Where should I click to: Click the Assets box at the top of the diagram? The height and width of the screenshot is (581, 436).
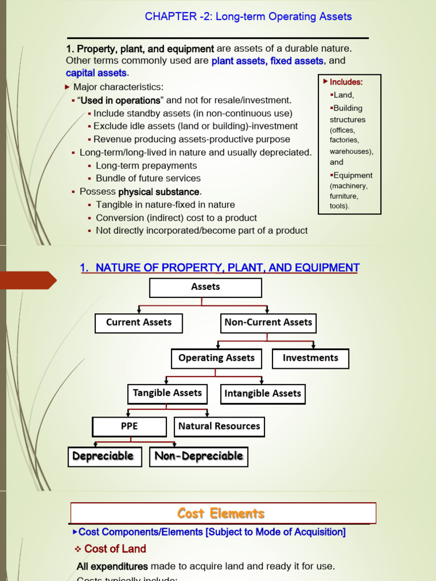(x=206, y=288)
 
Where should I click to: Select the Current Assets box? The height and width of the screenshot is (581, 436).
(x=139, y=323)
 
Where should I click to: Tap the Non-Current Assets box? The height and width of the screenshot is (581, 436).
(x=268, y=323)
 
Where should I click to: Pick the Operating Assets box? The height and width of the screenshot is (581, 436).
(x=216, y=359)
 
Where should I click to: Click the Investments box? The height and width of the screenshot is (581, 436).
(x=310, y=359)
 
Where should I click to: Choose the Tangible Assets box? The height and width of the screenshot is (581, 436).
(x=167, y=393)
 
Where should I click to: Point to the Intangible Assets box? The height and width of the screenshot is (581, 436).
(x=262, y=394)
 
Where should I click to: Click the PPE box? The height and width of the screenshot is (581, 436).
(x=129, y=427)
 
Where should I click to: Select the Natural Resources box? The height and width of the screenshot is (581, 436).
(x=219, y=427)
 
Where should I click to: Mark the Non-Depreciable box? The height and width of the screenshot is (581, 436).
(x=199, y=456)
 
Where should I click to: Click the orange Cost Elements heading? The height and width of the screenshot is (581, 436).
(x=221, y=513)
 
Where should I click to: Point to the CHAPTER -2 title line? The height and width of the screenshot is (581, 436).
(x=248, y=16)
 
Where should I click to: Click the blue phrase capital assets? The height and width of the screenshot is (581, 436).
(x=96, y=73)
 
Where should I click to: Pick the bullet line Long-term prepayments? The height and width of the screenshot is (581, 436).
(x=146, y=166)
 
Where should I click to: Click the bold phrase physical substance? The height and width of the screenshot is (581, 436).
(x=159, y=192)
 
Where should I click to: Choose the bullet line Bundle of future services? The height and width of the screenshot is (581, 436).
(x=148, y=179)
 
